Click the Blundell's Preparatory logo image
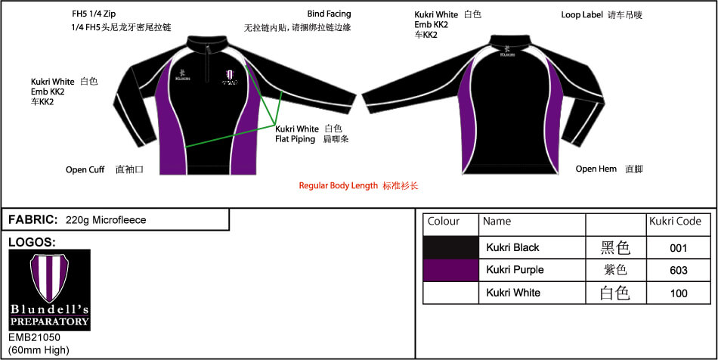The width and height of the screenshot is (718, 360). coord(49,290)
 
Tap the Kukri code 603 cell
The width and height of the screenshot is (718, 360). coord(679,270)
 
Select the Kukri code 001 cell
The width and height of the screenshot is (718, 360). coord(679,247)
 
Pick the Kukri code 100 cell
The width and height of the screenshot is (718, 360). coord(679,293)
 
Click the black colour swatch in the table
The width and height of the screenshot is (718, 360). coord(450,247)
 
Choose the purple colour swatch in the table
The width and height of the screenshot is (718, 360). coord(450,270)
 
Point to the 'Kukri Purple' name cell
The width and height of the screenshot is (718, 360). coord(515,270)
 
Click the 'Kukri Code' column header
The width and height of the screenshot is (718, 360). coord(675,222)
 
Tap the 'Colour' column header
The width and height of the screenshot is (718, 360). coord(444,222)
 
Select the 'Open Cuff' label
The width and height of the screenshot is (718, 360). coord(85,170)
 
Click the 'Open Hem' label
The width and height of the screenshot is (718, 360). coord(596,169)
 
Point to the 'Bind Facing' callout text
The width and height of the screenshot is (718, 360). coord(329,14)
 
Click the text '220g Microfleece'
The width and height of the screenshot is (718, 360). coord(106,220)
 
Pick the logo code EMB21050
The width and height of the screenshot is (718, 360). coord(35,337)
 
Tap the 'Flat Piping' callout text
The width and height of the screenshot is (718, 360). coord(295,139)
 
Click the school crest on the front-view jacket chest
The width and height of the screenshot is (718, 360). coord(229,74)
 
